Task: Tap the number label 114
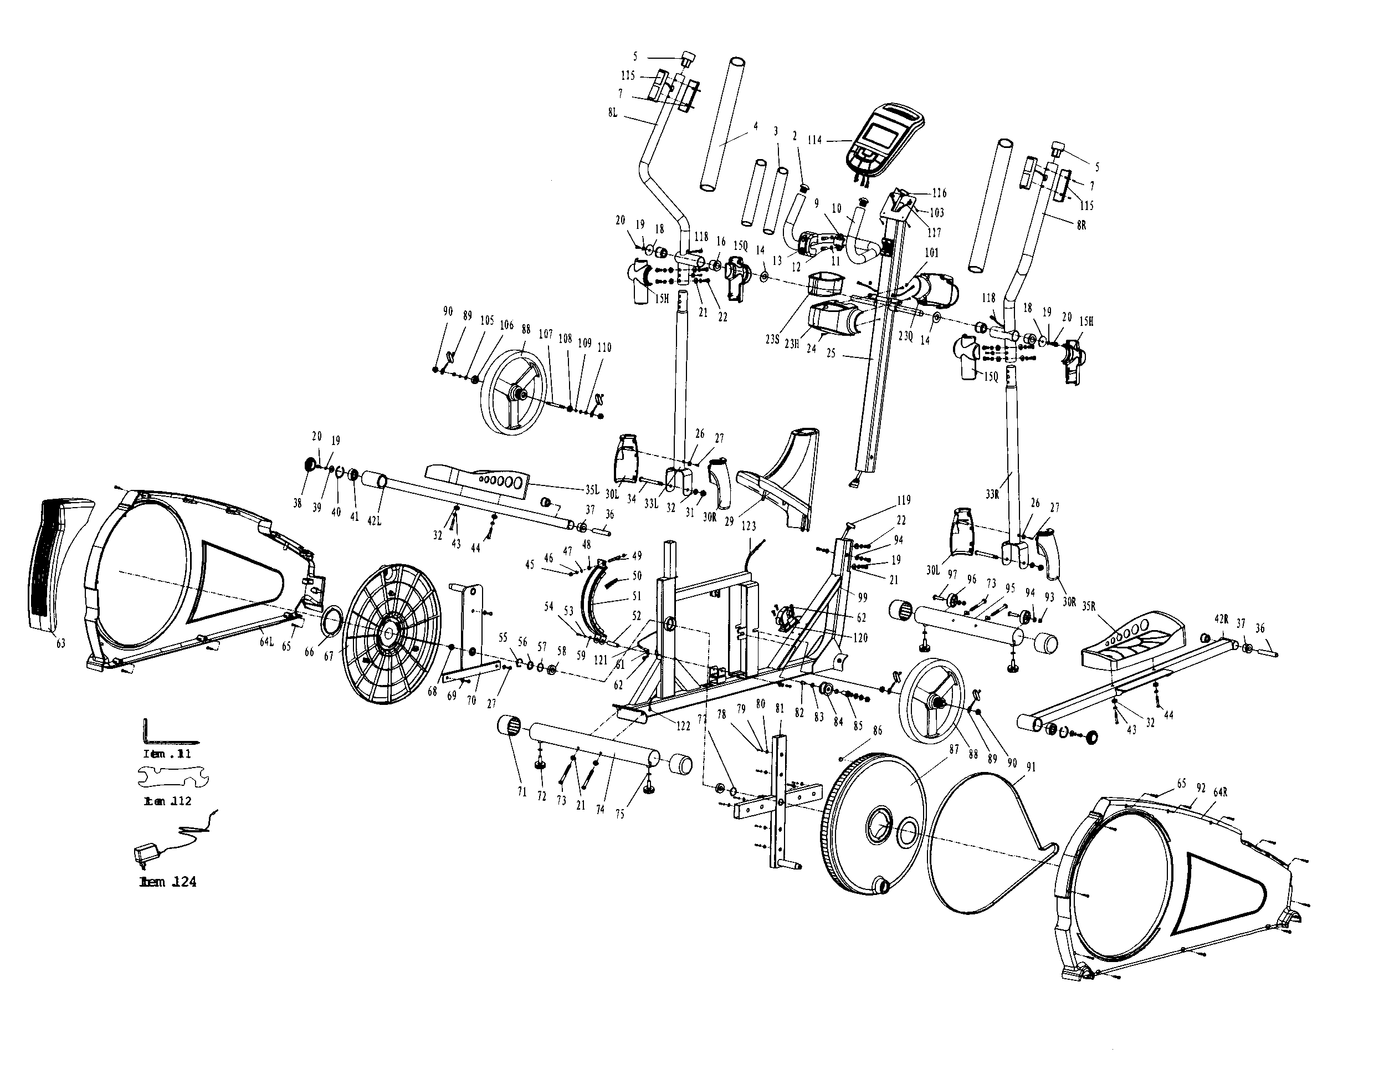[815, 140]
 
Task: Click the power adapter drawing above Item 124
[145, 854]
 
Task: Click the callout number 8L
[612, 113]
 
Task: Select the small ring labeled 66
[334, 617]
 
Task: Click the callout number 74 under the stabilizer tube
[599, 810]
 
